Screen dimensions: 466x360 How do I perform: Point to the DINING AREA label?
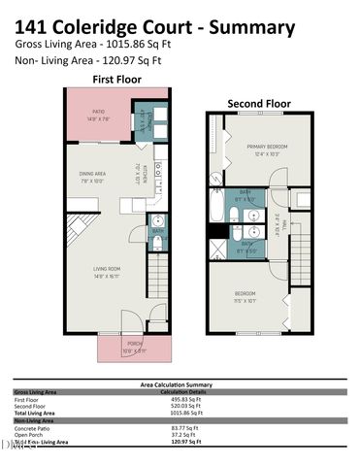pyautogui.click(x=92, y=176)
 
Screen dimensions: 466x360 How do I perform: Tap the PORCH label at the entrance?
pyautogui.click(x=134, y=345)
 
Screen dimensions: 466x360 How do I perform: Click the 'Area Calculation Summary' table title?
pyautogui.click(x=180, y=384)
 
